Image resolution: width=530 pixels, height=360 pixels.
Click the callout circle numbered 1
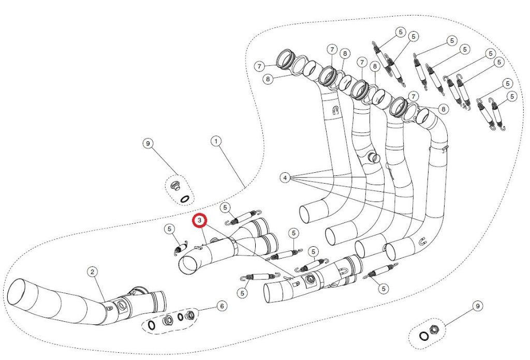(x=216, y=141)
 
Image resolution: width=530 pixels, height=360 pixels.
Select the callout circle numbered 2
(x=92, y=271)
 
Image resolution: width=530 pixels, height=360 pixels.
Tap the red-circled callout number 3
(x=200, y=221)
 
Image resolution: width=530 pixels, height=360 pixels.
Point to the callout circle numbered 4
(x=285, y=178)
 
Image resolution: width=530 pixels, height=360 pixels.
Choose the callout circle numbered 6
(x=222, y=306)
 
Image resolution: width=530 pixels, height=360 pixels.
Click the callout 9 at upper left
(x=148, y=143)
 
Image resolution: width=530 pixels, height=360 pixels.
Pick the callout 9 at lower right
(x=477, y=307)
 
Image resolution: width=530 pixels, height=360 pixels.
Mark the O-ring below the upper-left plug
(x=184, y=198)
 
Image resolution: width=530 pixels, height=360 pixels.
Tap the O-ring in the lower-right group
(x=423, y=336)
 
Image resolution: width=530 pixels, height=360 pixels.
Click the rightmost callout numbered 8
(x=444, y=109)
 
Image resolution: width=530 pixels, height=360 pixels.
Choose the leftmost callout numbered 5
(x=169, y=229)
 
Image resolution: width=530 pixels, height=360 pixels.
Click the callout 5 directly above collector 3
(x=225, y=207)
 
